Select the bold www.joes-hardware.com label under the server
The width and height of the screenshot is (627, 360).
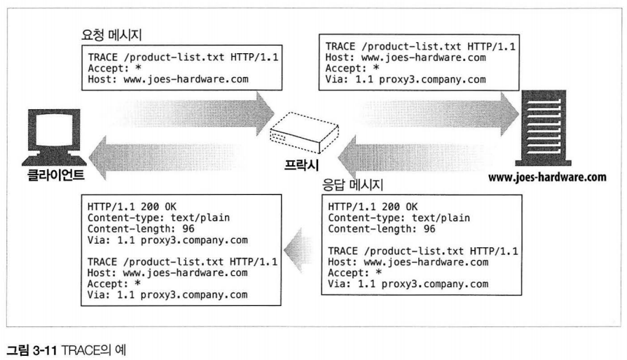pos(546,177)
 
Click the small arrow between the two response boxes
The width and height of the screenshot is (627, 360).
pos(298,249)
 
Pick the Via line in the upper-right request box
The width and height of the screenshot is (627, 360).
pos(406,79)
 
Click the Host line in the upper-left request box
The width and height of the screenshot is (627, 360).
pos(168,79)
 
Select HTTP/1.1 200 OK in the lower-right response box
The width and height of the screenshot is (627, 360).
pos(373,207)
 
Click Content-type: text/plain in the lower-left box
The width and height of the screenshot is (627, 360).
pos(159,218)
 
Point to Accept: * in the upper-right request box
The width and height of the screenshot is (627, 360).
pos(353,69)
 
